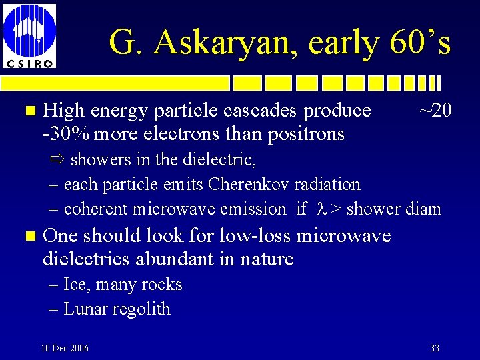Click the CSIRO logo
(29, 35)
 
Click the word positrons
(306, 134)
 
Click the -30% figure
(66, 134)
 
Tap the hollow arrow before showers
(57, 159)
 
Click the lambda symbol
(319, 209)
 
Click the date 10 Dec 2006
(65, 348)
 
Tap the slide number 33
(435, 348)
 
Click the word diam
(423, 209)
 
